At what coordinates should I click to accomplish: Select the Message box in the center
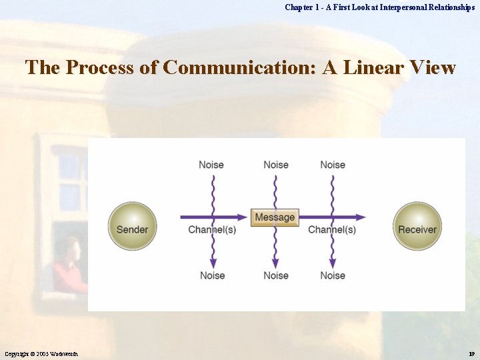(275, 217)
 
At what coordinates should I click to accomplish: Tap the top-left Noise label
(211, 165)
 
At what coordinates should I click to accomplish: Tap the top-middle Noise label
(276, 165)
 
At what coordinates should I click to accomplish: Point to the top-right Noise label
(333, 165)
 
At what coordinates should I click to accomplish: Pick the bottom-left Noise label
(213, 275)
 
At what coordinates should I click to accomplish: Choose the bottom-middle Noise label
(276, 275)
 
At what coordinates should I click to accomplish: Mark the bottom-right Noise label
(333, 275)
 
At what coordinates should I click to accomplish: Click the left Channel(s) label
(212, 230)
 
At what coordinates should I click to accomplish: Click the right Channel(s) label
(332, 230)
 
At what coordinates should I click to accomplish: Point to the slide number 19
(471, 353)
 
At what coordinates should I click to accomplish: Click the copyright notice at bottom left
(43, 353)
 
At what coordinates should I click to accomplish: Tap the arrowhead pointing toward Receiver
(361, 217)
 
